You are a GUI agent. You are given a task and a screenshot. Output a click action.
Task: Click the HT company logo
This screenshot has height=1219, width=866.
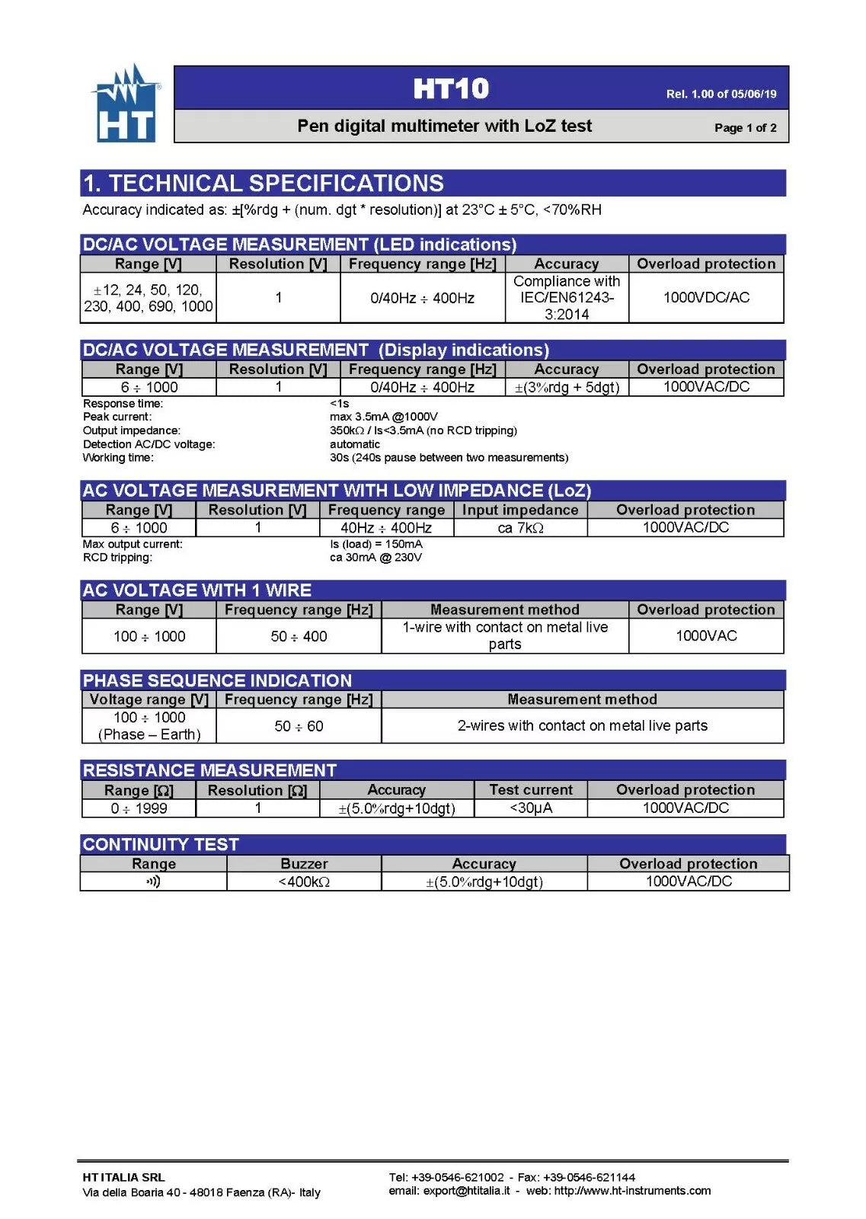point(126,104)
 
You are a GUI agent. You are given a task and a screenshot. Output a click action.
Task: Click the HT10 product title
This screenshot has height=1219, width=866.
point(451,89)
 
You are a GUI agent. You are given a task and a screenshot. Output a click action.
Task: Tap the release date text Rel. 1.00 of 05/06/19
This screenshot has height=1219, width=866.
point(721,94)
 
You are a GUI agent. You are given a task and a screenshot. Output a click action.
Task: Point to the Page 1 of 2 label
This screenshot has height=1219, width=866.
point(745,127)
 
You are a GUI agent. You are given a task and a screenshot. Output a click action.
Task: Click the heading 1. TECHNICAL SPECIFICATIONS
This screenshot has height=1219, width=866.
point(264,184)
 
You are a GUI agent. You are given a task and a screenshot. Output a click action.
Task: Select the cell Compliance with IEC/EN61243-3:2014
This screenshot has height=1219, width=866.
point(567,298)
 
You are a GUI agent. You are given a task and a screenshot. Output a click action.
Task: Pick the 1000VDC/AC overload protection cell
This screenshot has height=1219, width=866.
point(706,297)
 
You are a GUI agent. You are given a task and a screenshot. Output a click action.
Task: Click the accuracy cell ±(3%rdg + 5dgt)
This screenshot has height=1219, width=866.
point(567,387)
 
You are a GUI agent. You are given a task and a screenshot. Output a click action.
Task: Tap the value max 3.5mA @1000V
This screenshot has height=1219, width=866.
point(383,417)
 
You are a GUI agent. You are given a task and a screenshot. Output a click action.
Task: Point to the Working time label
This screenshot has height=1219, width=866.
point(118,457)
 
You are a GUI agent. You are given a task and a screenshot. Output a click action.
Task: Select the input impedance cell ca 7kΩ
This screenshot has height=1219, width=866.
point(520,528)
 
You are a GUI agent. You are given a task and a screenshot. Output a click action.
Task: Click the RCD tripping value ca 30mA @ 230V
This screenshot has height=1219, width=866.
point(375,557)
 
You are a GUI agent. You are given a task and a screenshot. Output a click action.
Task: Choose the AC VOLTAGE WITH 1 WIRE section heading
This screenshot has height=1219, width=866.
point(197,590)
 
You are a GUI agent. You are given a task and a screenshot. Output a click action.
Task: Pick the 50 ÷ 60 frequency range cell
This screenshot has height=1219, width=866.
point(299,726)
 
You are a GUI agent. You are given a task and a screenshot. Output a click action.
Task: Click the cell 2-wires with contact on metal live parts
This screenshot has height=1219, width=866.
point(582,725)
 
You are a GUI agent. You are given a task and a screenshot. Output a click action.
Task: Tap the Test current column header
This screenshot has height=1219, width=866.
point(530,790)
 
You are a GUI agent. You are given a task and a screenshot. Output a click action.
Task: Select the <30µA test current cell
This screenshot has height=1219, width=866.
point(530,808)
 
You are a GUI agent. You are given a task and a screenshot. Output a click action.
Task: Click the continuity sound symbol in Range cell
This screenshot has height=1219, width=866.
point(153,881)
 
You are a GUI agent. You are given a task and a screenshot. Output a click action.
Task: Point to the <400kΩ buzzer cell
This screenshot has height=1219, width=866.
point(304,881)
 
